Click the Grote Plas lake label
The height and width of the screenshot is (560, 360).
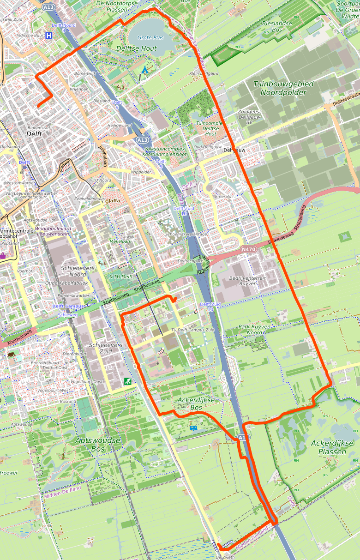(x=150, y=37)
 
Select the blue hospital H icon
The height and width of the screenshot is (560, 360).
(x=49, y=35)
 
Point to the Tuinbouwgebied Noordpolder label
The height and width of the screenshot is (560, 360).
(x=283, y=88)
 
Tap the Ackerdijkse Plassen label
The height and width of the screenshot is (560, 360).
(x=332, y=447)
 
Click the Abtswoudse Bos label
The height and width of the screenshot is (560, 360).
(x=97, y=444)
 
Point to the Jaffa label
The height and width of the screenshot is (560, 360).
(x=113, y=200)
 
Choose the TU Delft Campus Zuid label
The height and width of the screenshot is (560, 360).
(x=192, y=330)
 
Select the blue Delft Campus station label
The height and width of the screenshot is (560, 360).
(x=68, y=306)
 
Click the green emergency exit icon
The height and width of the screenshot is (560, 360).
(x=127, y=381)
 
